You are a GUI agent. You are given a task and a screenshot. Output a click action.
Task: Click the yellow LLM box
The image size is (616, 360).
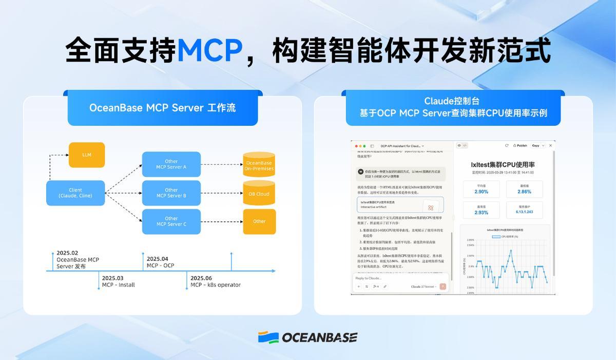point(87,155)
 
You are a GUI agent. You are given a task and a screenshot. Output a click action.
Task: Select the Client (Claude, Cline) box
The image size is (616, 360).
point(75,193)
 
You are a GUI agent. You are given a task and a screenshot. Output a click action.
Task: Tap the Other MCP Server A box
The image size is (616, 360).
point(171,164)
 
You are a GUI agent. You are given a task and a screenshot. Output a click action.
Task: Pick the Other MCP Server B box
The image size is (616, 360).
point(171,193)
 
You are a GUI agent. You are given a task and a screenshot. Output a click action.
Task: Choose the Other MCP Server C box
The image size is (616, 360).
point(171,221)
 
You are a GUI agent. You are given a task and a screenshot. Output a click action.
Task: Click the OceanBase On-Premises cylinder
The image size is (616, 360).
point(259,165)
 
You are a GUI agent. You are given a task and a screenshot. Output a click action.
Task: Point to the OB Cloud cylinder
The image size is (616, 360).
point(259,194)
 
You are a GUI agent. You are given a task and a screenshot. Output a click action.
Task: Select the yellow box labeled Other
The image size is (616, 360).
point(259,221)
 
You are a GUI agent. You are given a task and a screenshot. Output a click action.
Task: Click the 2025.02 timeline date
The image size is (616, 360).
point(67,253)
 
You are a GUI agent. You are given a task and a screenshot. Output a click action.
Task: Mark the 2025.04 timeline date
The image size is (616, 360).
point(157,259)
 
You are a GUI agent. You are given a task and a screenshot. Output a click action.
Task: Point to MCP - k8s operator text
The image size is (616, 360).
point(215,285)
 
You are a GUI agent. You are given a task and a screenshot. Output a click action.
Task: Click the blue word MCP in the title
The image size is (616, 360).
point(209,50)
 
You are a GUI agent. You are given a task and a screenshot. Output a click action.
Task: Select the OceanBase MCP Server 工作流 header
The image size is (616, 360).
point(162,108)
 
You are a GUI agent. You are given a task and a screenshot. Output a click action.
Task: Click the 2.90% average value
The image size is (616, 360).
point(481,192)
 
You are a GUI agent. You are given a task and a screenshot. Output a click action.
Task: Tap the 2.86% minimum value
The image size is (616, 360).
point(524,192)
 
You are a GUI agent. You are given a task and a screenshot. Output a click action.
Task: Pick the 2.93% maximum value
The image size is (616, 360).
point(481,212)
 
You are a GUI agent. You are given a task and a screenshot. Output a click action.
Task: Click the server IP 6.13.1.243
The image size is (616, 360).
point(524,212)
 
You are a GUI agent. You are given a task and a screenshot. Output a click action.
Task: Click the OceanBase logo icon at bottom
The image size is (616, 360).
point(268,337)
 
